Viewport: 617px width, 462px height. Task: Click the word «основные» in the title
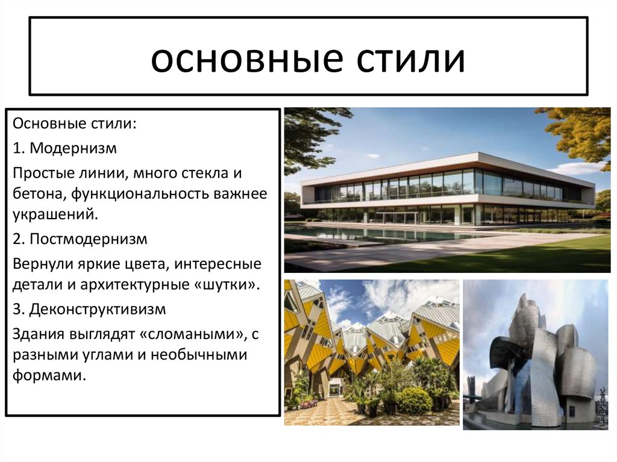tap(240, 60)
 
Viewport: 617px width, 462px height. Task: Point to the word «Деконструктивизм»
tap(98, 309)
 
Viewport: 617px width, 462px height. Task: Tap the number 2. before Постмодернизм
tap(19, 239)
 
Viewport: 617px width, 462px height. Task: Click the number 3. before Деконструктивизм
tap(19, 309)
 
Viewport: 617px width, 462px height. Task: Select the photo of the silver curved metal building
tap(536, 355)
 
